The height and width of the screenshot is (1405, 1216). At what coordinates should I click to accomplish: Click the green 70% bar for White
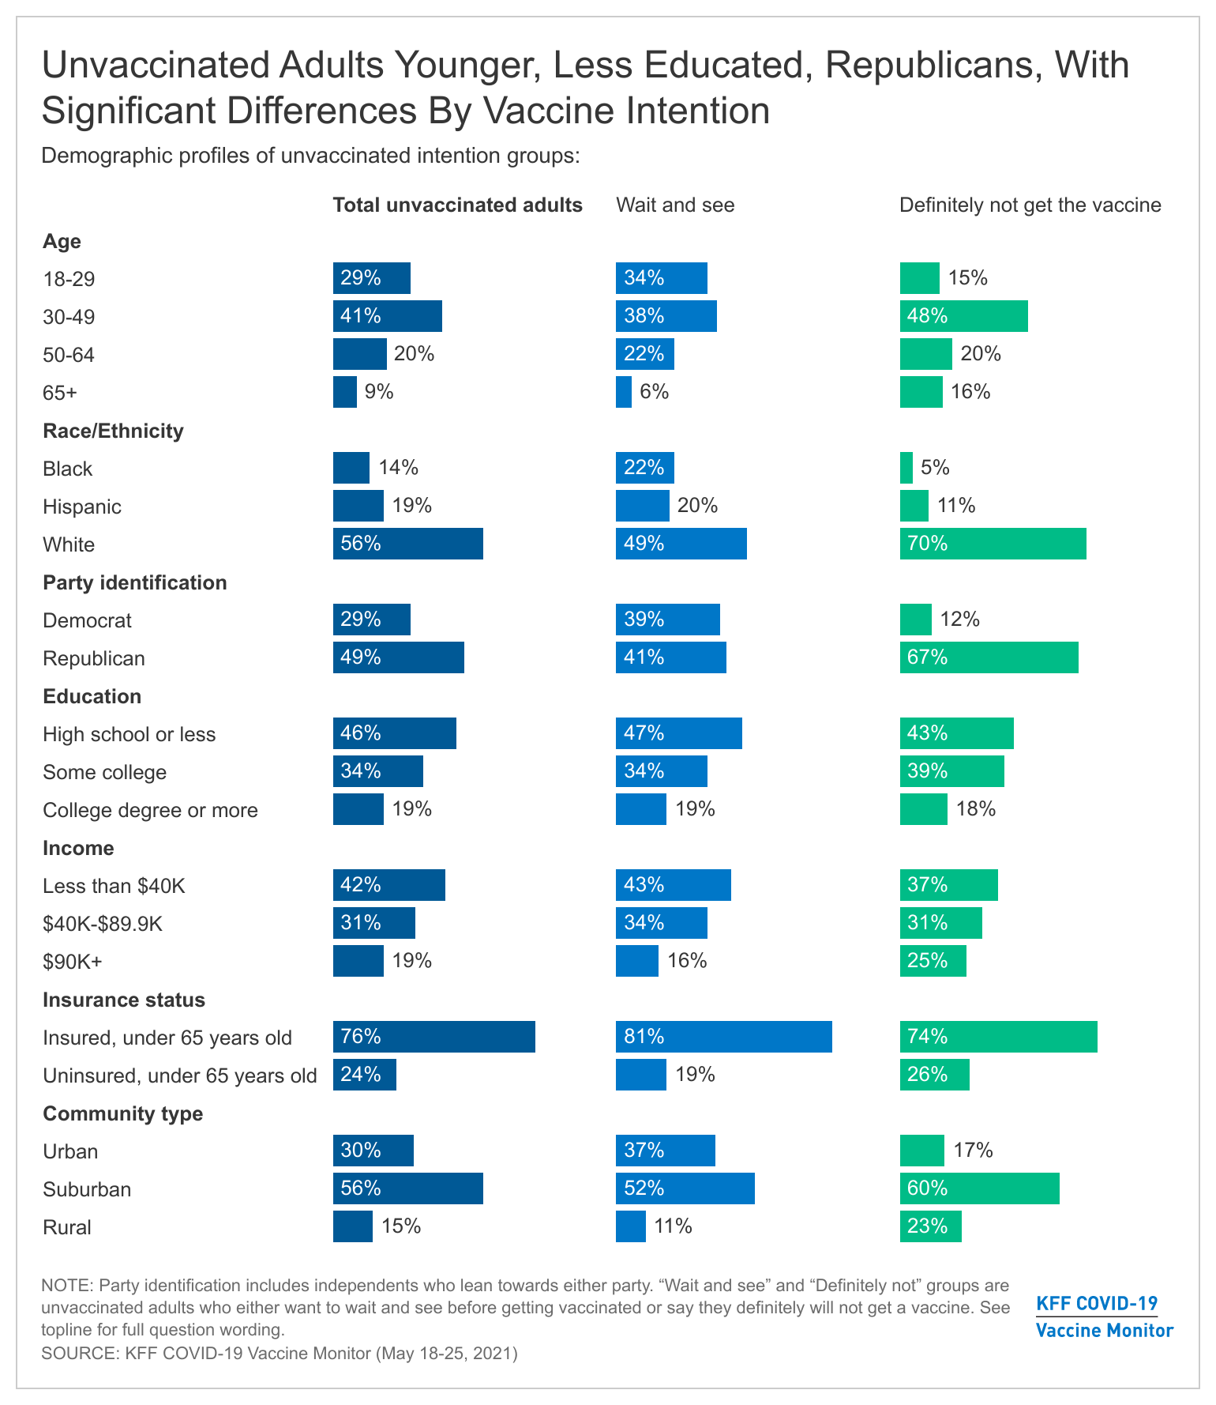pos(993,544)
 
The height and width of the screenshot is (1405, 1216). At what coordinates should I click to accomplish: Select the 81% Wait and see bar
pos(723,1037)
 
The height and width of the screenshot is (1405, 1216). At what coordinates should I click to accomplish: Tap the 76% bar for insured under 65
pos(433,1037)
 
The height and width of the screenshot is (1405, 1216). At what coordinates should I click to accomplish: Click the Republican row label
pos(94,658)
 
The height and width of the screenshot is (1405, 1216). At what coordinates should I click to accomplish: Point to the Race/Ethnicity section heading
pos(113,431)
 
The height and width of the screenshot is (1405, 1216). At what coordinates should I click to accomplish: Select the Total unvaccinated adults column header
pos(457,205)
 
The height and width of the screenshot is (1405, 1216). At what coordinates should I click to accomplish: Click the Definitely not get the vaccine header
pos(1030,205)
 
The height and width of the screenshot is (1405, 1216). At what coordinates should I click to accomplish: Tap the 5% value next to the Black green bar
pos(935,468)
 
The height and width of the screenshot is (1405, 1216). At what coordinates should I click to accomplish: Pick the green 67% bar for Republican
pos(989,657)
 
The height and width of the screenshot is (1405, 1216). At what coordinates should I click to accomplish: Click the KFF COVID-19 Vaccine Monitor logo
pos(1104,1316)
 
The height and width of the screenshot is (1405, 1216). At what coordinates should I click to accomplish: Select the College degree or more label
pos(150,810)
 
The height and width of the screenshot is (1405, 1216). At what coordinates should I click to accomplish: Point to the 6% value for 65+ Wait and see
pos(654,392)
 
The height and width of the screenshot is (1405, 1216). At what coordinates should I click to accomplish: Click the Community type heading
pos(122,1113)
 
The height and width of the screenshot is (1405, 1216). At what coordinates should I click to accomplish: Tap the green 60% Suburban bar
pos(979,1188)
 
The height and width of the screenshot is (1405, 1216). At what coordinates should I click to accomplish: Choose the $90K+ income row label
pos(73,962)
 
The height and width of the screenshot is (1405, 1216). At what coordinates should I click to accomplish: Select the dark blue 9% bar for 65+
pos(345,392)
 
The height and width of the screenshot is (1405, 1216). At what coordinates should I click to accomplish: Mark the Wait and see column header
pos(674,205)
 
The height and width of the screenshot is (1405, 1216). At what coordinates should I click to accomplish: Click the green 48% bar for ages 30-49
pos(963,316)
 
